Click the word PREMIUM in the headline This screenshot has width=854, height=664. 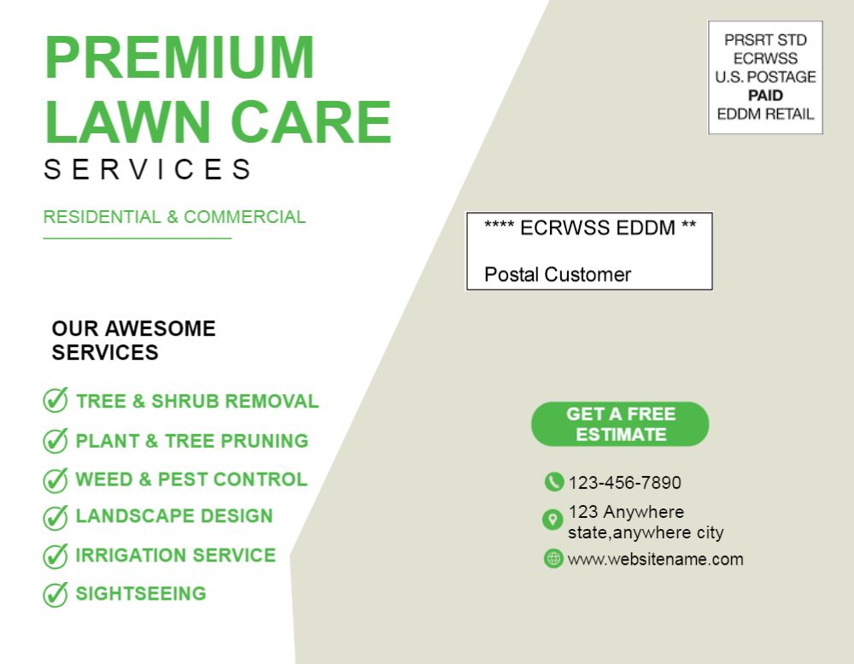(179, 57)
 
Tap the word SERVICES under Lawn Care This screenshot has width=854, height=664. (148, 169)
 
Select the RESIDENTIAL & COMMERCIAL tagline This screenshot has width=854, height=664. (174, 216)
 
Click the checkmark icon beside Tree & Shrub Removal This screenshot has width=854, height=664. (56, 400)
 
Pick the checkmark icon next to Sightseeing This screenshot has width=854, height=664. (56, 594)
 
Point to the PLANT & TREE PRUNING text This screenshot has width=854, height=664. (191, 440)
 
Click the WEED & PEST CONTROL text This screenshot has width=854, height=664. (191, 479)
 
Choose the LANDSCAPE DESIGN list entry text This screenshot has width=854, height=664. (173, 515)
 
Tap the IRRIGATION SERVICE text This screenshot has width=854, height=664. (175, 555)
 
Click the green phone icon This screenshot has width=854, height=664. (554, 482)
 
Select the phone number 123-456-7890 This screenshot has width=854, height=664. (625, 483)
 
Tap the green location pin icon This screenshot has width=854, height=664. (553, 520)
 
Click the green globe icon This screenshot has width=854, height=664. (553, 558)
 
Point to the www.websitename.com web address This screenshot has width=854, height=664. (655, 560)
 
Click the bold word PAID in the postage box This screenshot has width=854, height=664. (765, 96)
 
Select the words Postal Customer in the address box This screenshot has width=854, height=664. (557, 274)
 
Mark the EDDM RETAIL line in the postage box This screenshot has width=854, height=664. (765, 114)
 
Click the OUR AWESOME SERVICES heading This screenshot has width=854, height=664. (133, 340)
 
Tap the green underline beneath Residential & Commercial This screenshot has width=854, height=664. (137, 238)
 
